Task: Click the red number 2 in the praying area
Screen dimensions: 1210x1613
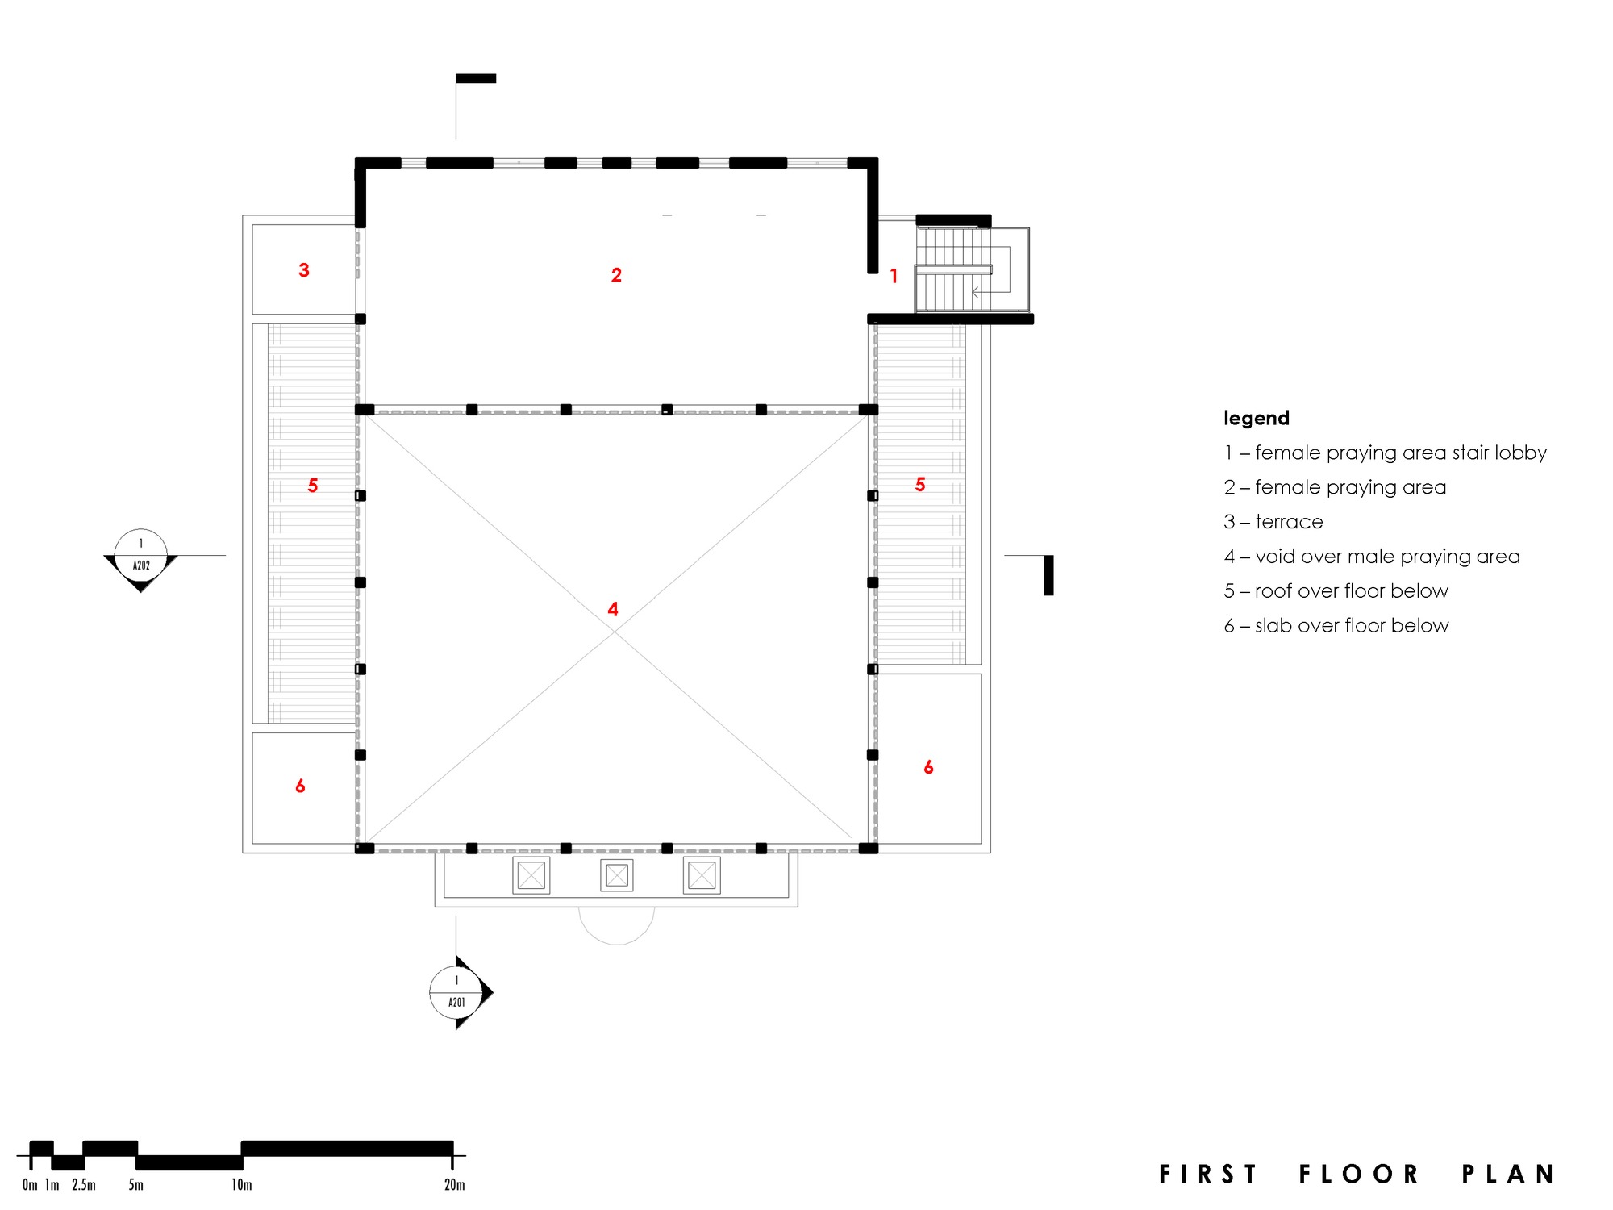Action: (x=616, y=275)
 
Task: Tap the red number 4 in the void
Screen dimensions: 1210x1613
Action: (x=613, y=609)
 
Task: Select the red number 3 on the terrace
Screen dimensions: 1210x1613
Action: (x=304, y=270)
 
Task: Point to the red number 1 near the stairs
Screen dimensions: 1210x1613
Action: (x=894, y=276)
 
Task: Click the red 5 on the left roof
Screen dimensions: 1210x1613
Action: (x=313, y=486)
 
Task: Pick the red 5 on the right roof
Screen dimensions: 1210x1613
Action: (x=920, y=484)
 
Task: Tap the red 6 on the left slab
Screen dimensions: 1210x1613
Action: (x=300, y=786)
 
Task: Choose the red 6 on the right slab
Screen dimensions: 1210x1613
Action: (x=928, y=767)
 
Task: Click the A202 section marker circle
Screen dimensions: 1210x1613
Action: (x=141, y=555)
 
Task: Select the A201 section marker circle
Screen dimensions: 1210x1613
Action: (x=456, y=992)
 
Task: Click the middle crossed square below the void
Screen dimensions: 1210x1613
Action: (x=617, y=875)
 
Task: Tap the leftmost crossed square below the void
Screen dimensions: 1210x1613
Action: (x=531, y=875)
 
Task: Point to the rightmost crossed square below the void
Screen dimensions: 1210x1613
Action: (x=702, y=875)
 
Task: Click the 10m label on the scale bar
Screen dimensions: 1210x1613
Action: (x=242, y=1185)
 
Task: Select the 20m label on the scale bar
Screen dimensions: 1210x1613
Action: (x=454, y=1185)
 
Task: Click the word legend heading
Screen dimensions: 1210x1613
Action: (x=1256, y=418)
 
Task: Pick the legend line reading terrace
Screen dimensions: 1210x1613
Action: (x=1273, y=522)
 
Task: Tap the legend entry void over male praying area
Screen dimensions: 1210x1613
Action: (x=1371, y=557)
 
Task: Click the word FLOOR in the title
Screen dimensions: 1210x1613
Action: (x=1359, y=1174)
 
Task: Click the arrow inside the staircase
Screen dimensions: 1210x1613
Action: (x=977, y=292)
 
